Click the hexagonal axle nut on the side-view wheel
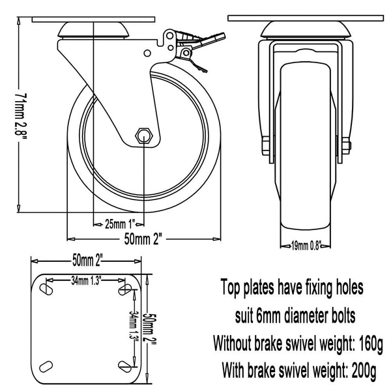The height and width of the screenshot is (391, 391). coord(143,136)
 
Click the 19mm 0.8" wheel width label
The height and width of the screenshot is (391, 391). coord(306,246)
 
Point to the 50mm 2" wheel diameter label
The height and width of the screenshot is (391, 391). coord(143,239)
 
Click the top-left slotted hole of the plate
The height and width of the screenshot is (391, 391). coord(46,289)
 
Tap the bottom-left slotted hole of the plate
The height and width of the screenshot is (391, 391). coord(46,366)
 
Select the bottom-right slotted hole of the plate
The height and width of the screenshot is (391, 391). coord(124,366)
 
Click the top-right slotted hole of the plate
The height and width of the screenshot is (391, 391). coord(124,289)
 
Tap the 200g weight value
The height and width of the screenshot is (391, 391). coord(364,371)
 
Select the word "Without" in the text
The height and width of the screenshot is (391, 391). coord(232,343)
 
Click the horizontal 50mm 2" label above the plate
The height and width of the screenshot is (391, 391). coord(86,260)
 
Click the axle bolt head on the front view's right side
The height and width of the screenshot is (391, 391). coord(347,145)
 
